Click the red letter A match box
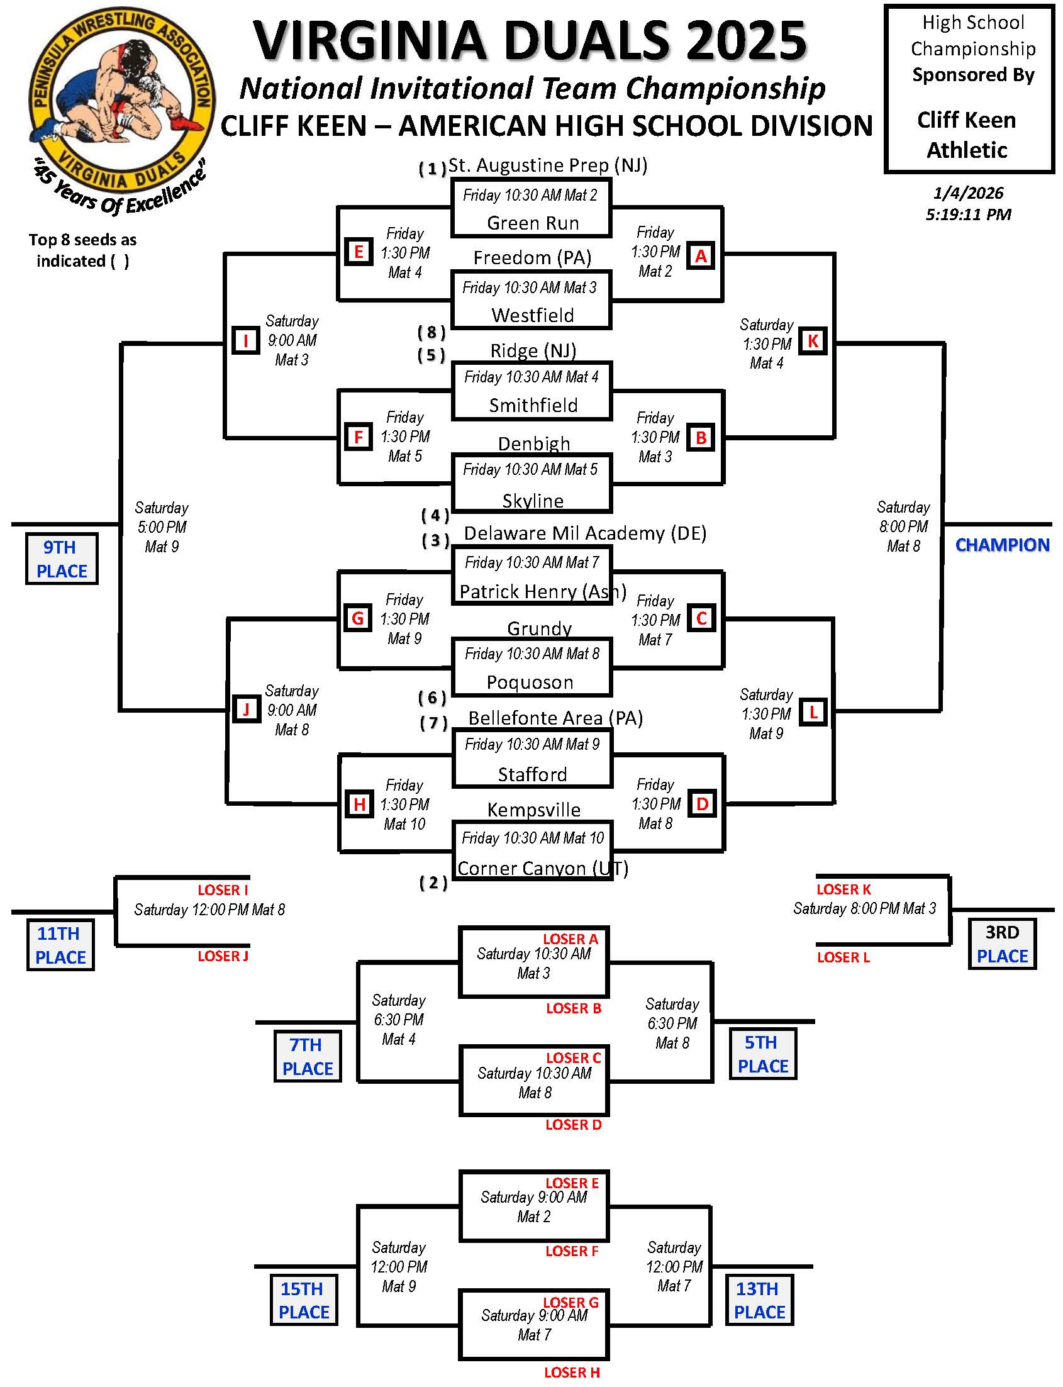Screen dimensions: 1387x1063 701,256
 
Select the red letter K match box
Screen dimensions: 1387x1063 813,341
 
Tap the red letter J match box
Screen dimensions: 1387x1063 246,710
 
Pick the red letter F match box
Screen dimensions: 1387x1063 359,437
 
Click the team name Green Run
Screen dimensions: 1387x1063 533,223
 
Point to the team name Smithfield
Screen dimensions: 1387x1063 533,406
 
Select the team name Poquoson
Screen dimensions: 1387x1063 530,682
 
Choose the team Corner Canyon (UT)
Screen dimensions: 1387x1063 543,868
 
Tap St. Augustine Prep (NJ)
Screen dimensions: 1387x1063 548,166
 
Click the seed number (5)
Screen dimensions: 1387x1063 431,355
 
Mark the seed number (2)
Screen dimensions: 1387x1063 433,883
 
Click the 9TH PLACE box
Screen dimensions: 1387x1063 62,559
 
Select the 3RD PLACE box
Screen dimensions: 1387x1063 1002,944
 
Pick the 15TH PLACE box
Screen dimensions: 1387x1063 304,1300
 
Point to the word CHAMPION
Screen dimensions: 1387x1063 1002,545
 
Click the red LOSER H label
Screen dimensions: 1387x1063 572,1373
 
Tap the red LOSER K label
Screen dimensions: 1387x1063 844,889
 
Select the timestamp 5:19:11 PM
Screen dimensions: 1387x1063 968,214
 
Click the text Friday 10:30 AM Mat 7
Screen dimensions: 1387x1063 531,562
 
